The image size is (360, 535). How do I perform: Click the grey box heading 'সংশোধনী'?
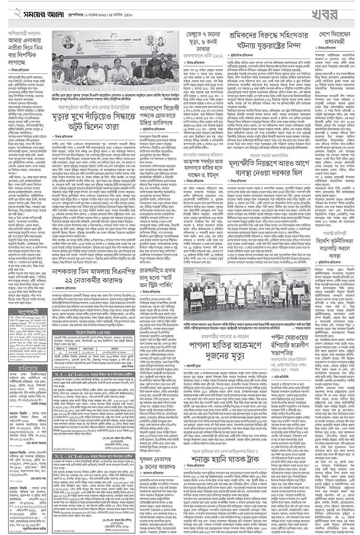click(x=28, y=312)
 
